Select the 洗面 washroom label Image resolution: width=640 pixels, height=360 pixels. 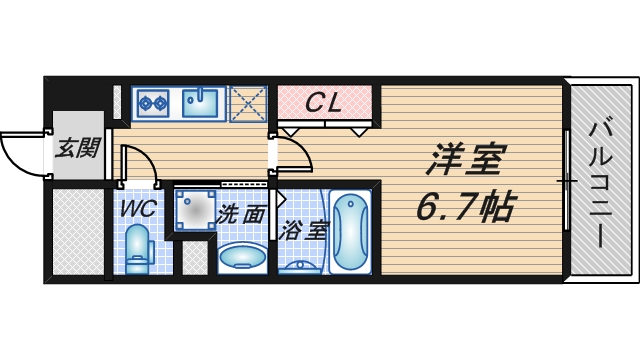tap(242, 213)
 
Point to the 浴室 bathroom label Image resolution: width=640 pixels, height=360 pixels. tap(304, 229)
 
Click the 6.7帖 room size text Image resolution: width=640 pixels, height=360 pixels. tap(466, 208)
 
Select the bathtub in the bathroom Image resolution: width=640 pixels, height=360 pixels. tap(349, 232)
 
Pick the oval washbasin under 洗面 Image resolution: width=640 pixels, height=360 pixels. tap(241, 256)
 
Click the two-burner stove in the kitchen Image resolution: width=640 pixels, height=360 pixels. tap(153, 101)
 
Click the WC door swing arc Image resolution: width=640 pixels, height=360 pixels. tap(140, 165)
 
